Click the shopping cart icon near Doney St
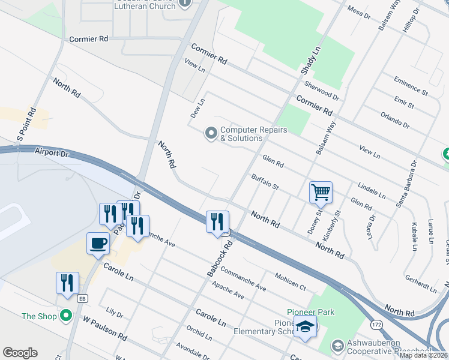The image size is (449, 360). point(321,193)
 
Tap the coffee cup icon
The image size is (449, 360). point(98,244)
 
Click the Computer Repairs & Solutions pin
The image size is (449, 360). point(211,133)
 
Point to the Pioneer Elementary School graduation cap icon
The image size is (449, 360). point(306,328)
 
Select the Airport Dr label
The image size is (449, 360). point(53,153)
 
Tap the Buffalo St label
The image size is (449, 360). point(265,182)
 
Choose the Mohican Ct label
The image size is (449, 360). point(291,280)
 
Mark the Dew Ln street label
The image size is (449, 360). point(198,109)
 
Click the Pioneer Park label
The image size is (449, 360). point(310,312)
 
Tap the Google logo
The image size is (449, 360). point(20,353)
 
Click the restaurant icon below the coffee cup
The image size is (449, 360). point(67,283)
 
